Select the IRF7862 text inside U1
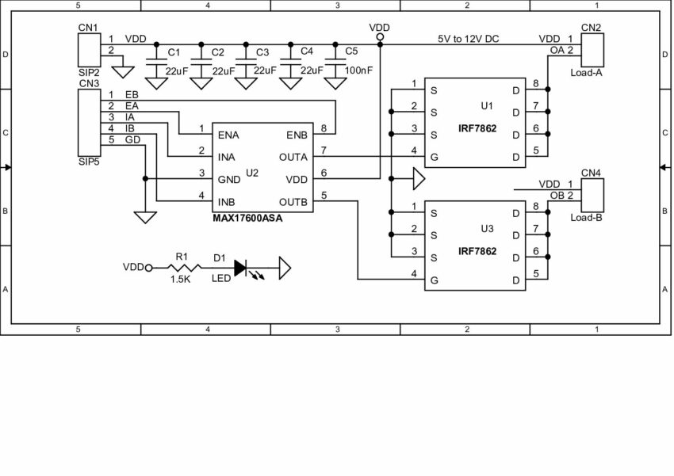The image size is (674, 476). pos(477,128)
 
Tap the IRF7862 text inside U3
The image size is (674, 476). pos(477,251)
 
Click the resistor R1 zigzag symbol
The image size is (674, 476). pos(182,268)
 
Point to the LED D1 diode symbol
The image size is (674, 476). pos(240,268)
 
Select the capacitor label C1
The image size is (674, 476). pos(174,53)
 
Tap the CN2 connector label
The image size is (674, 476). pos(591,28)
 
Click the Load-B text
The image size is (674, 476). pos(587,217)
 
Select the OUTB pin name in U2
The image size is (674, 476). pos(293,201)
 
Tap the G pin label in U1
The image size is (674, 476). pos(434,157)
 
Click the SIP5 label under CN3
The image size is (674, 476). pos(89,162)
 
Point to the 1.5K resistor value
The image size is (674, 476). pos(181,280)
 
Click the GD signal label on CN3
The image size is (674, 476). pos(132,140)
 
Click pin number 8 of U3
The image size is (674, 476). pos(536,207)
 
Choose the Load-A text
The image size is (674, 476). pos(587,71)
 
